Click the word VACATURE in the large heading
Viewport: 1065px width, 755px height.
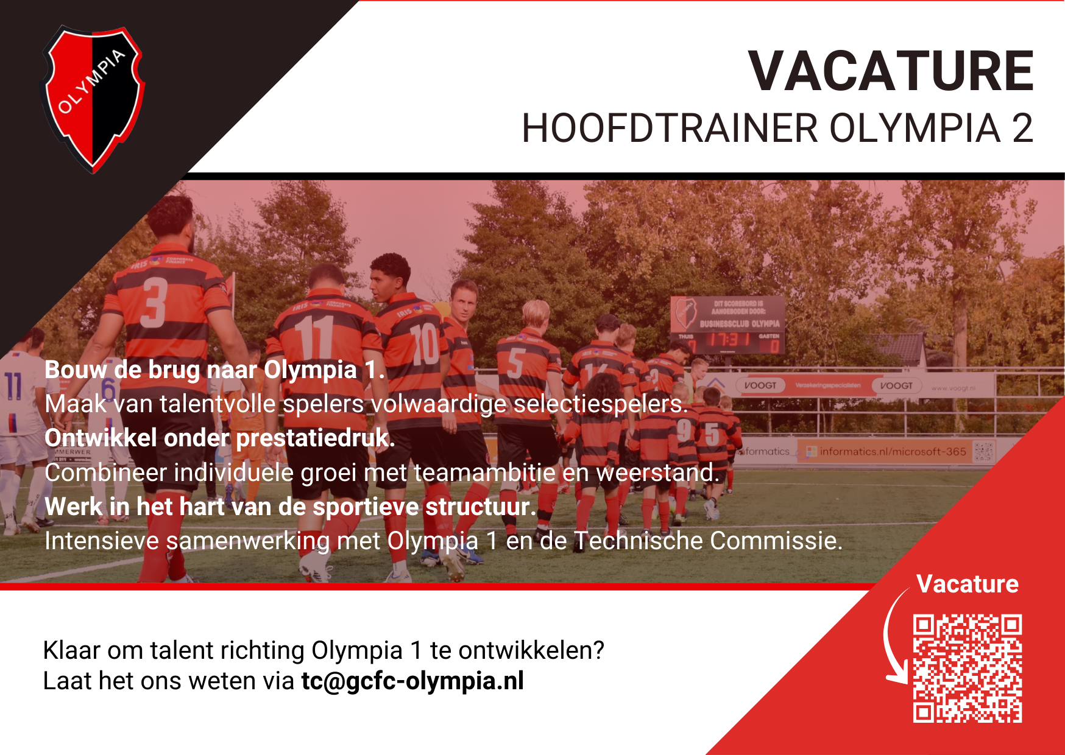891,72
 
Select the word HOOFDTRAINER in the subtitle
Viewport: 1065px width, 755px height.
670,128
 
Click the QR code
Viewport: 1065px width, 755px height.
967,669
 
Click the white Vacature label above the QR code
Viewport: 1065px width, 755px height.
967,584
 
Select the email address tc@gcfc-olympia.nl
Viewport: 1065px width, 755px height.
412,681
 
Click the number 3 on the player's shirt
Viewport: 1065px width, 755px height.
154,303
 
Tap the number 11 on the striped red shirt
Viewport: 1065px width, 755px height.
314,338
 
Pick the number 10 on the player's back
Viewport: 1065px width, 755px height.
424,344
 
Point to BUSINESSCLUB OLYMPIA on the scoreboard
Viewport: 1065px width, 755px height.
739,323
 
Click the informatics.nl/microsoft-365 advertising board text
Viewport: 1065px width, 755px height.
893,452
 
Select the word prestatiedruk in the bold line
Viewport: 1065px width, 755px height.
315,438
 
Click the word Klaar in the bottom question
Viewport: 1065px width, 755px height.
71,650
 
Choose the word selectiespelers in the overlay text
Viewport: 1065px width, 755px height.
600,404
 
